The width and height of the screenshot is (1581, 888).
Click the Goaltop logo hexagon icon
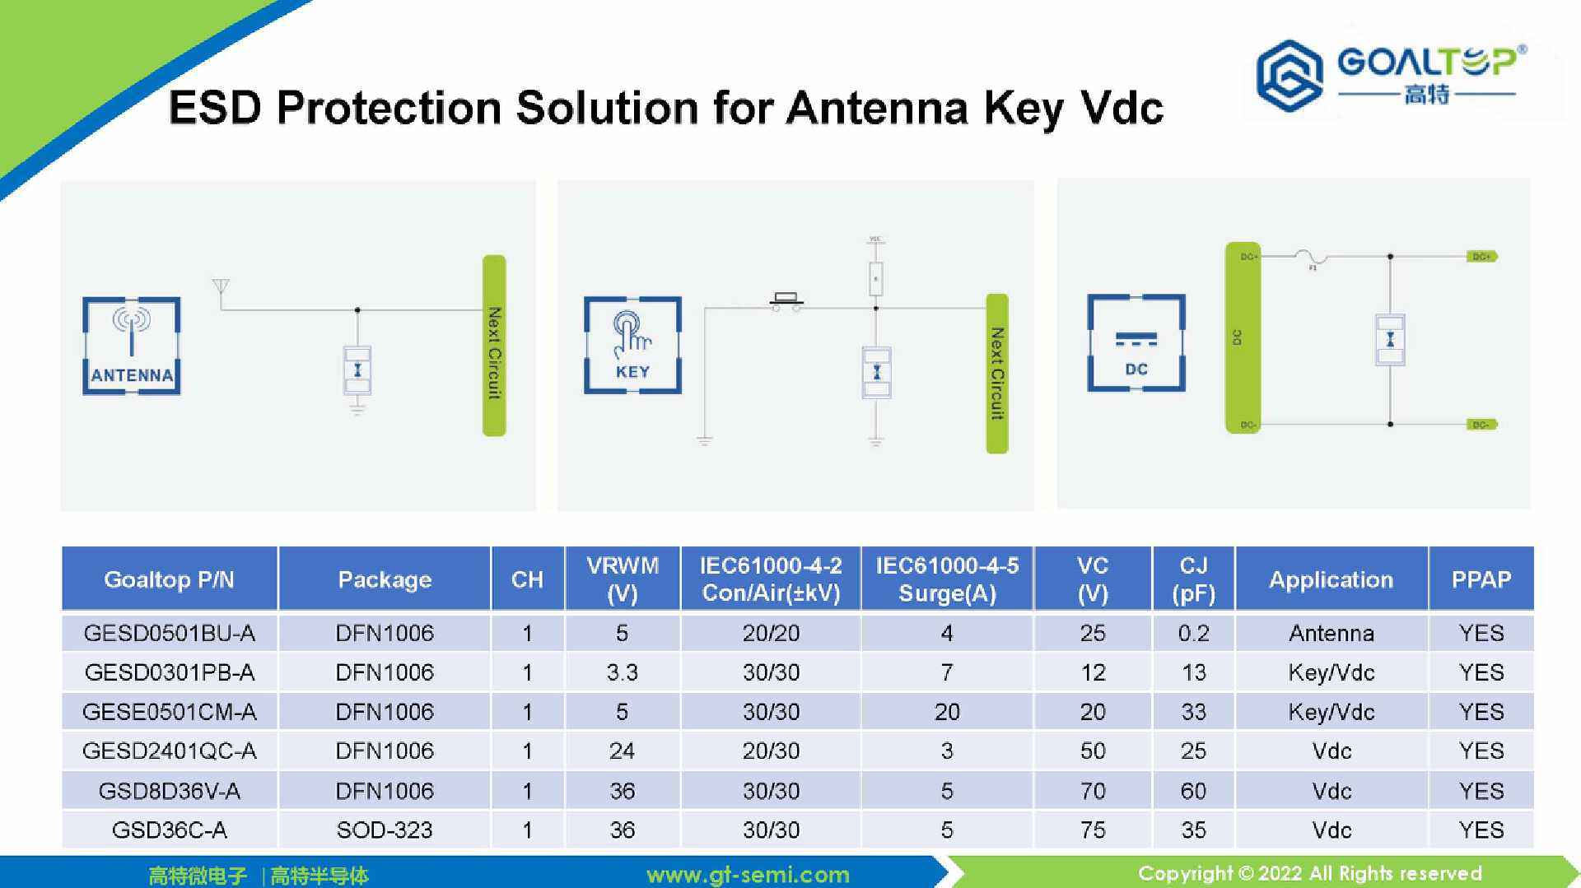click(x=1289, y=76)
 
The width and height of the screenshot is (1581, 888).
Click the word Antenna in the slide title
click(x=876, y=108)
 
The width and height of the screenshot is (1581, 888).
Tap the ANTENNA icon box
click(x=132, y=346)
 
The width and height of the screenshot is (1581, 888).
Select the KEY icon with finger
click(x=632, y=345)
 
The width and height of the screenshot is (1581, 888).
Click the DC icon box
click(x=1136, y=342)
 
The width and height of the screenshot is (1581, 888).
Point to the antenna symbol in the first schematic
click(x=221, y=287)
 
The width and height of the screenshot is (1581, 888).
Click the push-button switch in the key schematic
click(x=786, y=300)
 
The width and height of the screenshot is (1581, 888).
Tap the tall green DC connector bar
click(x=1242, y=337)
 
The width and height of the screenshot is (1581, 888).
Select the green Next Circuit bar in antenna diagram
click(x=494, y=346)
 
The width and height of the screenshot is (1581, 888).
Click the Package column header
click(x=385, y=579)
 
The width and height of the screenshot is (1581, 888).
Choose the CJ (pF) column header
click(x=1193, y=579)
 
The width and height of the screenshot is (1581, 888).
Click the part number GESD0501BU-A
click(x=170, y=633)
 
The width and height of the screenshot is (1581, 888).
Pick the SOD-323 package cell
click(x=385, y=830)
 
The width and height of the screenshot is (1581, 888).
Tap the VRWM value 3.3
click(x=622, y=672)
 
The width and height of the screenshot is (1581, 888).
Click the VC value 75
click(x=1093, y=830)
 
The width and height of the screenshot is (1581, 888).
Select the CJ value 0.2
click(x=1193, y=633)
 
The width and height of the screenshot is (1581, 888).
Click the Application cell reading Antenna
click(x=1331, y=633)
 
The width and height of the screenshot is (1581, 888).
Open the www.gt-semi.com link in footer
click(x=748, y=874)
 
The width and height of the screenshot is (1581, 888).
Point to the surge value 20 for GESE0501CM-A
click(x=947, y=712)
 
